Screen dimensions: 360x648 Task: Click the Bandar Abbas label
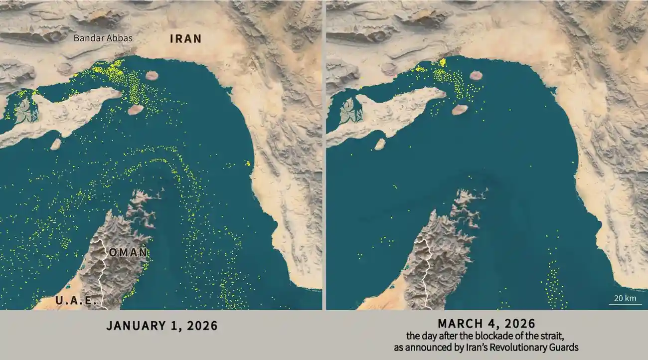pos(103,38)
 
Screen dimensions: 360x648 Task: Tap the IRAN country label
pos(185,38)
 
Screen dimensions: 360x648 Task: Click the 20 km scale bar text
pos(625,298)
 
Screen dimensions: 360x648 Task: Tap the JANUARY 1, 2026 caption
pos(162,326)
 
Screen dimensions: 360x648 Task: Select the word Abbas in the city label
pos(121,38)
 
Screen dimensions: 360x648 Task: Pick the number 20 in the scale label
pos(619,298)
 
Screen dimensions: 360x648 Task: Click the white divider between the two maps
pos(324,155)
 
